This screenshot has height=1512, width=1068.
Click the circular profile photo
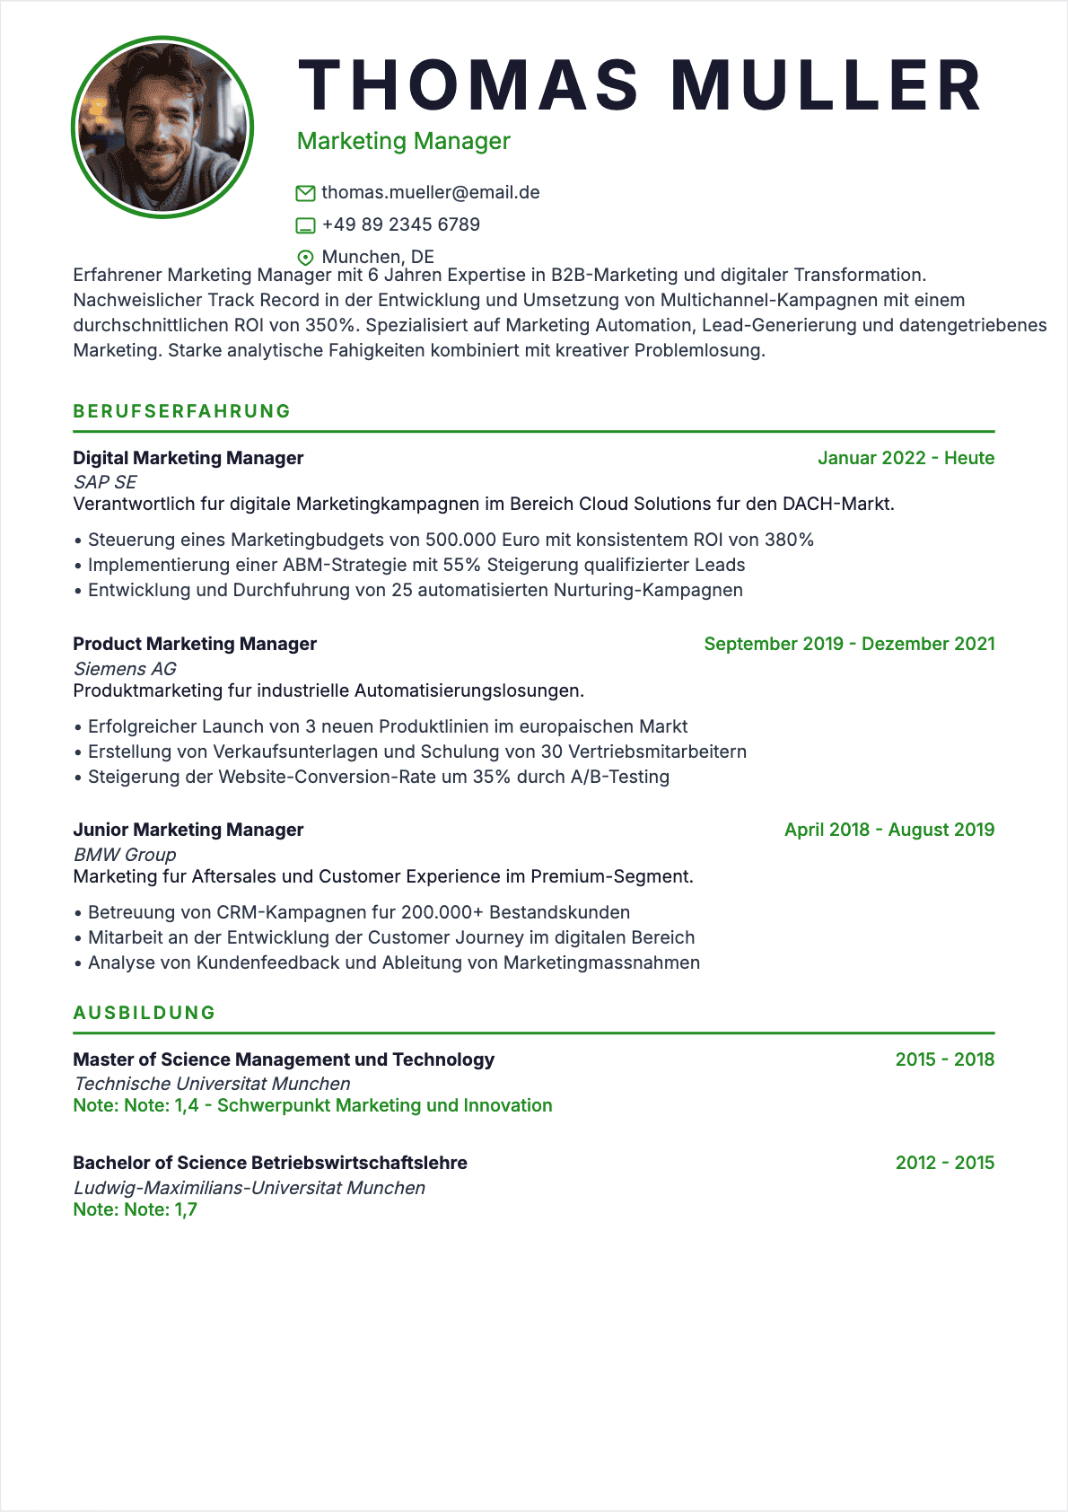(x=162, y=127)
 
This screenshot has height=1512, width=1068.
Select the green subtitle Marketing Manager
(x=403, y=141)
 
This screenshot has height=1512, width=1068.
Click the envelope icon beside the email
(x=305, y=193)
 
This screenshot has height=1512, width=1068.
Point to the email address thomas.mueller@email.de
(x=431, y=192)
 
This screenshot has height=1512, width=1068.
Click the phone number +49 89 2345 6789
(x=401, y=224)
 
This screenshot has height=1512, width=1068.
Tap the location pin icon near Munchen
(x=305, y=258)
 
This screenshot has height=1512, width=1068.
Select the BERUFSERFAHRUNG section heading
(x=182, y=411)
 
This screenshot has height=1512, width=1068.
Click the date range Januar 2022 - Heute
(x=906, y=458)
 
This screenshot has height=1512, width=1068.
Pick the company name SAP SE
(x=105, y=482)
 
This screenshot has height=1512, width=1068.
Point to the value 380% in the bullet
(x=789, y=540)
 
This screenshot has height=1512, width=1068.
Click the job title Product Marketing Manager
(x=195, y=644)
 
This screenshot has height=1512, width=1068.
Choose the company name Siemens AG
(x=125, y=669)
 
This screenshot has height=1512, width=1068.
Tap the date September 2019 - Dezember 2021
(x=849, y=644)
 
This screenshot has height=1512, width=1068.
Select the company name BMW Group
(x=125, y=855)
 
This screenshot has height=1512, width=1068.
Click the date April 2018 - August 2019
(x=889, y=830)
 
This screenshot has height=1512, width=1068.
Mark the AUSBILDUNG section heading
(x=144, y=1013)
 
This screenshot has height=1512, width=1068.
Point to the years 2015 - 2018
(x=944, y=1059)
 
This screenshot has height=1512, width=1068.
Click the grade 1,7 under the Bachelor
(x=186, y=1209)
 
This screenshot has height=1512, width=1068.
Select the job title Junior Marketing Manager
(x=188, y=830)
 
